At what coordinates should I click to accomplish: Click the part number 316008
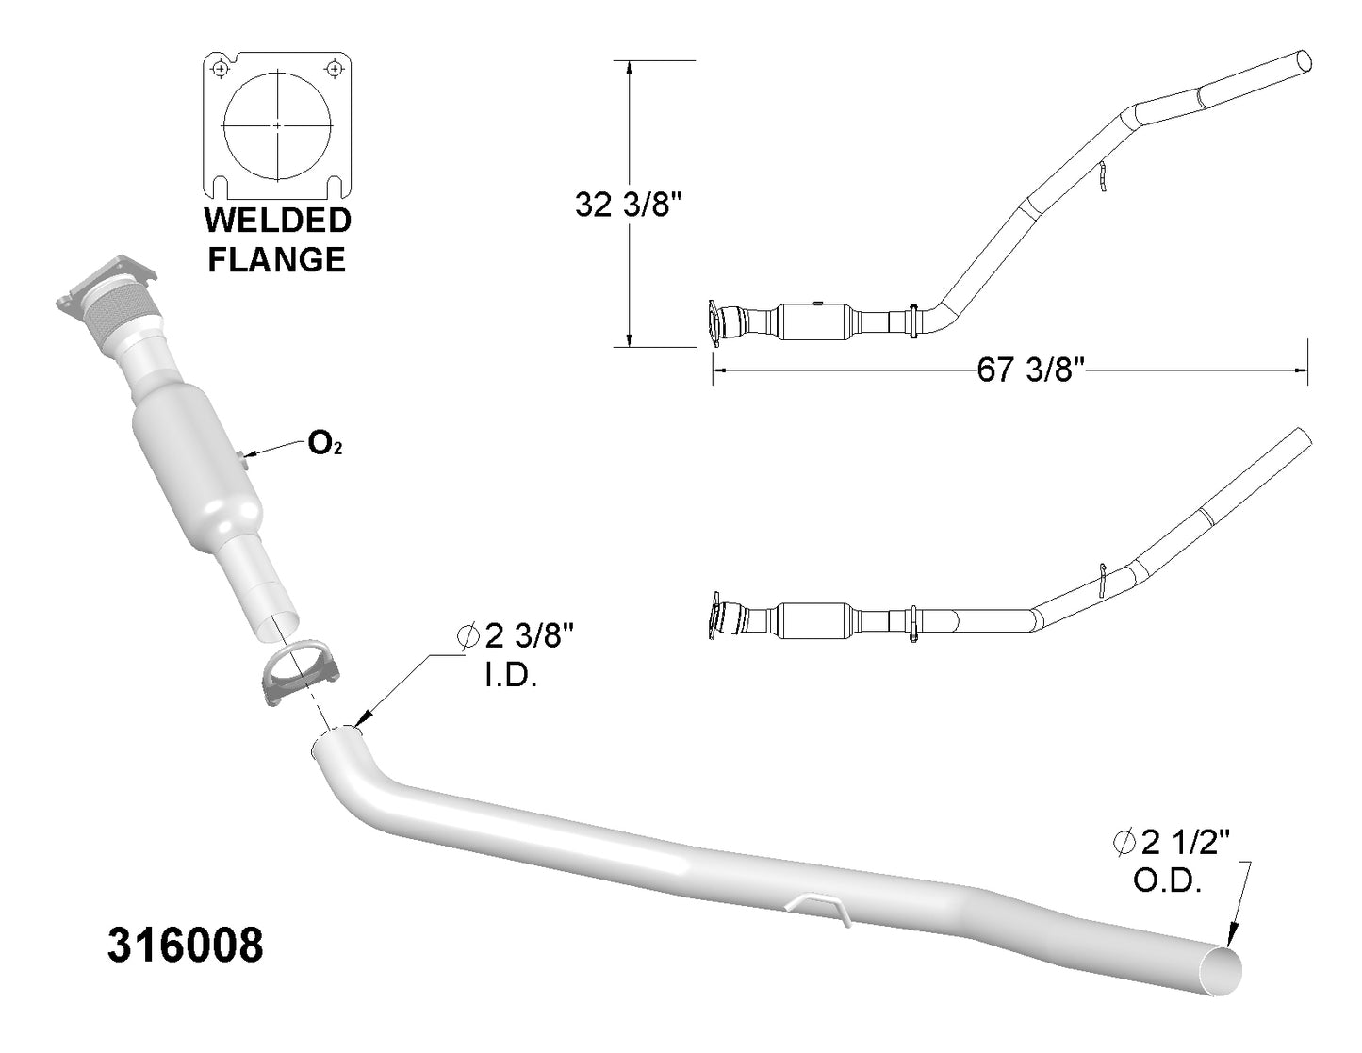[x=186, y=946]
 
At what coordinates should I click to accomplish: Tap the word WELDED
[x=278, y=221]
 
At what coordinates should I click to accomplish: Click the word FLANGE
[x=276, y=259]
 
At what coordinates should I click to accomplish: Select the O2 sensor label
[x=324, y=444]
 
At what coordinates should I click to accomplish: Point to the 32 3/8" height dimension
[x=628, y=205]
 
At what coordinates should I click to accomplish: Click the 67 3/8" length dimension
[x=1031, y=370]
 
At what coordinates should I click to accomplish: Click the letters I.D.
[x=511, y=677]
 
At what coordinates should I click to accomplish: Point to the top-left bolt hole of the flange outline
[x=220, y=68]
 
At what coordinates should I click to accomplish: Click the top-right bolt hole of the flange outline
[x=336, y=67]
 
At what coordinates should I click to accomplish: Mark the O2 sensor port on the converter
[x=242, y=456]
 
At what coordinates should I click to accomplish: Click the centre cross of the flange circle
[x=278, y=125]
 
